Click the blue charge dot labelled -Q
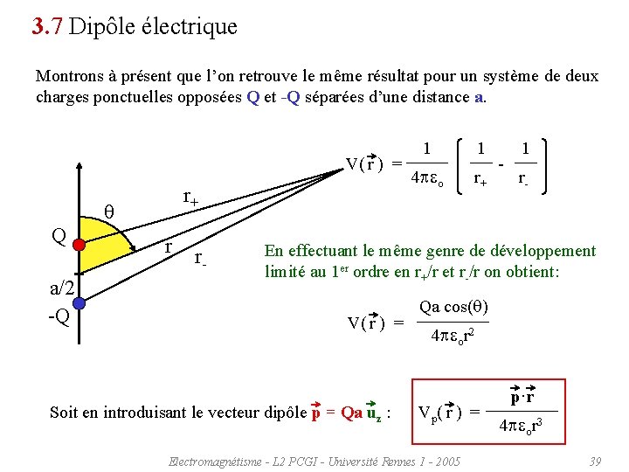(x=79, y=303)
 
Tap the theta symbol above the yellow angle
(x=109, y=211)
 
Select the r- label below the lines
(x=200, y=259)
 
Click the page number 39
(x=595, y=460)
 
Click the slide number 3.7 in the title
(x=45, y=26)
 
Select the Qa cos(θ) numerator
(x=453, y=308)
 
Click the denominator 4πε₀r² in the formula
(x=453, y=335)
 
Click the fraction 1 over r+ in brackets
(x=480, y=163)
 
